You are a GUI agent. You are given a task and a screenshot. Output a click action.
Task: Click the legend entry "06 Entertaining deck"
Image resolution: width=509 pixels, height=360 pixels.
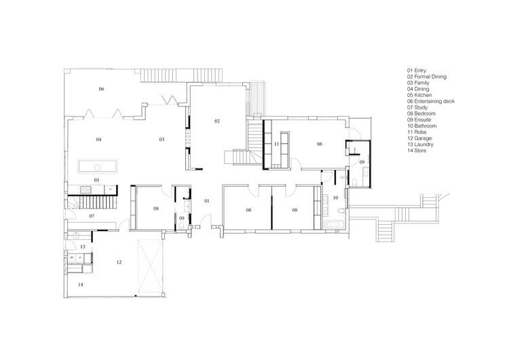click(431, 101)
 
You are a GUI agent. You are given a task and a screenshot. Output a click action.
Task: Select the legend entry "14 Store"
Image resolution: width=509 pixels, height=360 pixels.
click(417, 151)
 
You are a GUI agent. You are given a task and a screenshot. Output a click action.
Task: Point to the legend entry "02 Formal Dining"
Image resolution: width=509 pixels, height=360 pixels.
click(427, 77)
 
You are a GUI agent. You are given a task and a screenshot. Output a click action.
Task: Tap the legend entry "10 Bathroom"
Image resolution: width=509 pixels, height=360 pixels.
click(421, 126)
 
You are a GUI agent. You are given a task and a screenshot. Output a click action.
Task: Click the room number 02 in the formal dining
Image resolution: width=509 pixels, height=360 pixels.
click(217, 121)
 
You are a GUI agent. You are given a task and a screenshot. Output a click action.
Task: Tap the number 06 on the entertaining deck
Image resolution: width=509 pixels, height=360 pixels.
click(101, 89)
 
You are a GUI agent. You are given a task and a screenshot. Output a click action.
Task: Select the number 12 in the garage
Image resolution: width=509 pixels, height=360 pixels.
click(119, 262)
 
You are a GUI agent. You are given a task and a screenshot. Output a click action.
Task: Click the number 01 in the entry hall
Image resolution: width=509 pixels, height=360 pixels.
click(207, 201)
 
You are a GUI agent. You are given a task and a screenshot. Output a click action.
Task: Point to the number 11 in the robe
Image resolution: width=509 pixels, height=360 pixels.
click(276, 144)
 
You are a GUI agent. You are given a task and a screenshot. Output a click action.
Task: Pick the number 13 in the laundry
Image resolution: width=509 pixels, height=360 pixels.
click(82, 247)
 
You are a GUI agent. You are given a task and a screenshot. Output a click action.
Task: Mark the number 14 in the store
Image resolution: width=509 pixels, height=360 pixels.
click(81, 285)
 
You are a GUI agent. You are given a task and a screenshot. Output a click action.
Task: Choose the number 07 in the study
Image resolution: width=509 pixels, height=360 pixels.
click(92, 216)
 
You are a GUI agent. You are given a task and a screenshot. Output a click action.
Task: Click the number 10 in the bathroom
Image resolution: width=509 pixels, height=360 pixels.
click(335, 198)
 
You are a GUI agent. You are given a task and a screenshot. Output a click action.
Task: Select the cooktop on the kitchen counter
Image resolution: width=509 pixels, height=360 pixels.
click(86, 189)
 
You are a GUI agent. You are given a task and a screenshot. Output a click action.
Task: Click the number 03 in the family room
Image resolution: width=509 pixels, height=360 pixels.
click(162, 140)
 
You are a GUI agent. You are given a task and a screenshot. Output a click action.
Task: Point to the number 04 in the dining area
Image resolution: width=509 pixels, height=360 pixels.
click(98, 140)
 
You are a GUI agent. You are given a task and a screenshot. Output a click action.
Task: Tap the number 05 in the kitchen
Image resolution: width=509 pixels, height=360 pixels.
click(96, 180)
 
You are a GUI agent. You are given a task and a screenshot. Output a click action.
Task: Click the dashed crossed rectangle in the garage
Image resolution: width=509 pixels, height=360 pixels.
click(150, 266)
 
